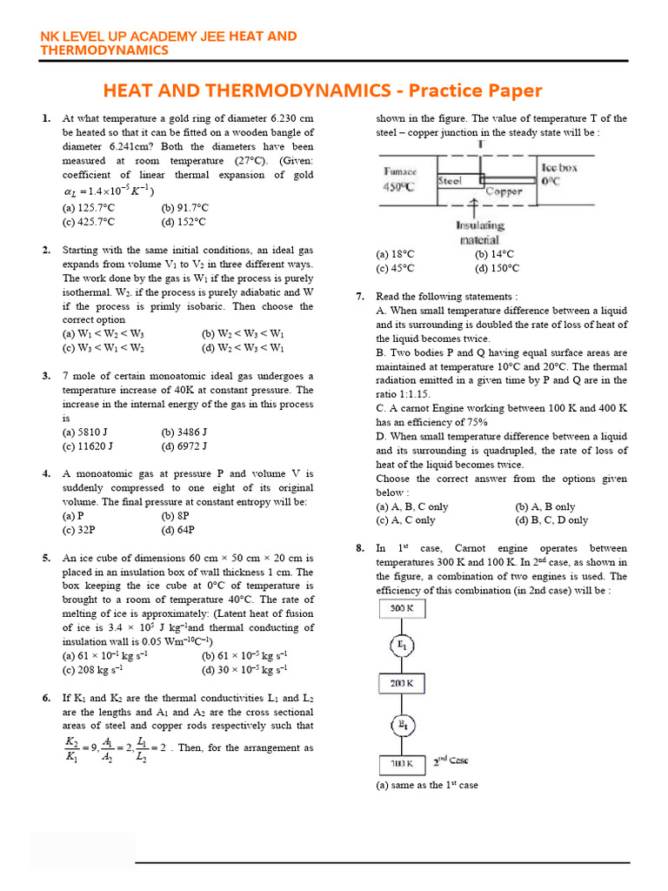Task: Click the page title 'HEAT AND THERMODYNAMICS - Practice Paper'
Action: point(323,90)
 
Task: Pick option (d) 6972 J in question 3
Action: point(184,446)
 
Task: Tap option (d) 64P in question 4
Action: point(178,530)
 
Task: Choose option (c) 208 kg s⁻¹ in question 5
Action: point(92,670)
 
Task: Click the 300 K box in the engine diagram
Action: point(400,608)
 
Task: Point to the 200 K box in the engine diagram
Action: point(400,684)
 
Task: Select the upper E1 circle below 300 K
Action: point(401,646)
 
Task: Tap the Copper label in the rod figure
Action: point(504,191)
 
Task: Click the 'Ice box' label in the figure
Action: point(559,167)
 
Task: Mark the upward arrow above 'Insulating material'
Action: point(473,207)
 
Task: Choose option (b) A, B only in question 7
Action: point(545,506)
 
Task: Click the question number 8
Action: point(359,548)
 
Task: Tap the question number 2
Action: point(46,251)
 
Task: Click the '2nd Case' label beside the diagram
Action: point(451,760)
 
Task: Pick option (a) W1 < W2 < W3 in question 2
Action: point(95,334)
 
